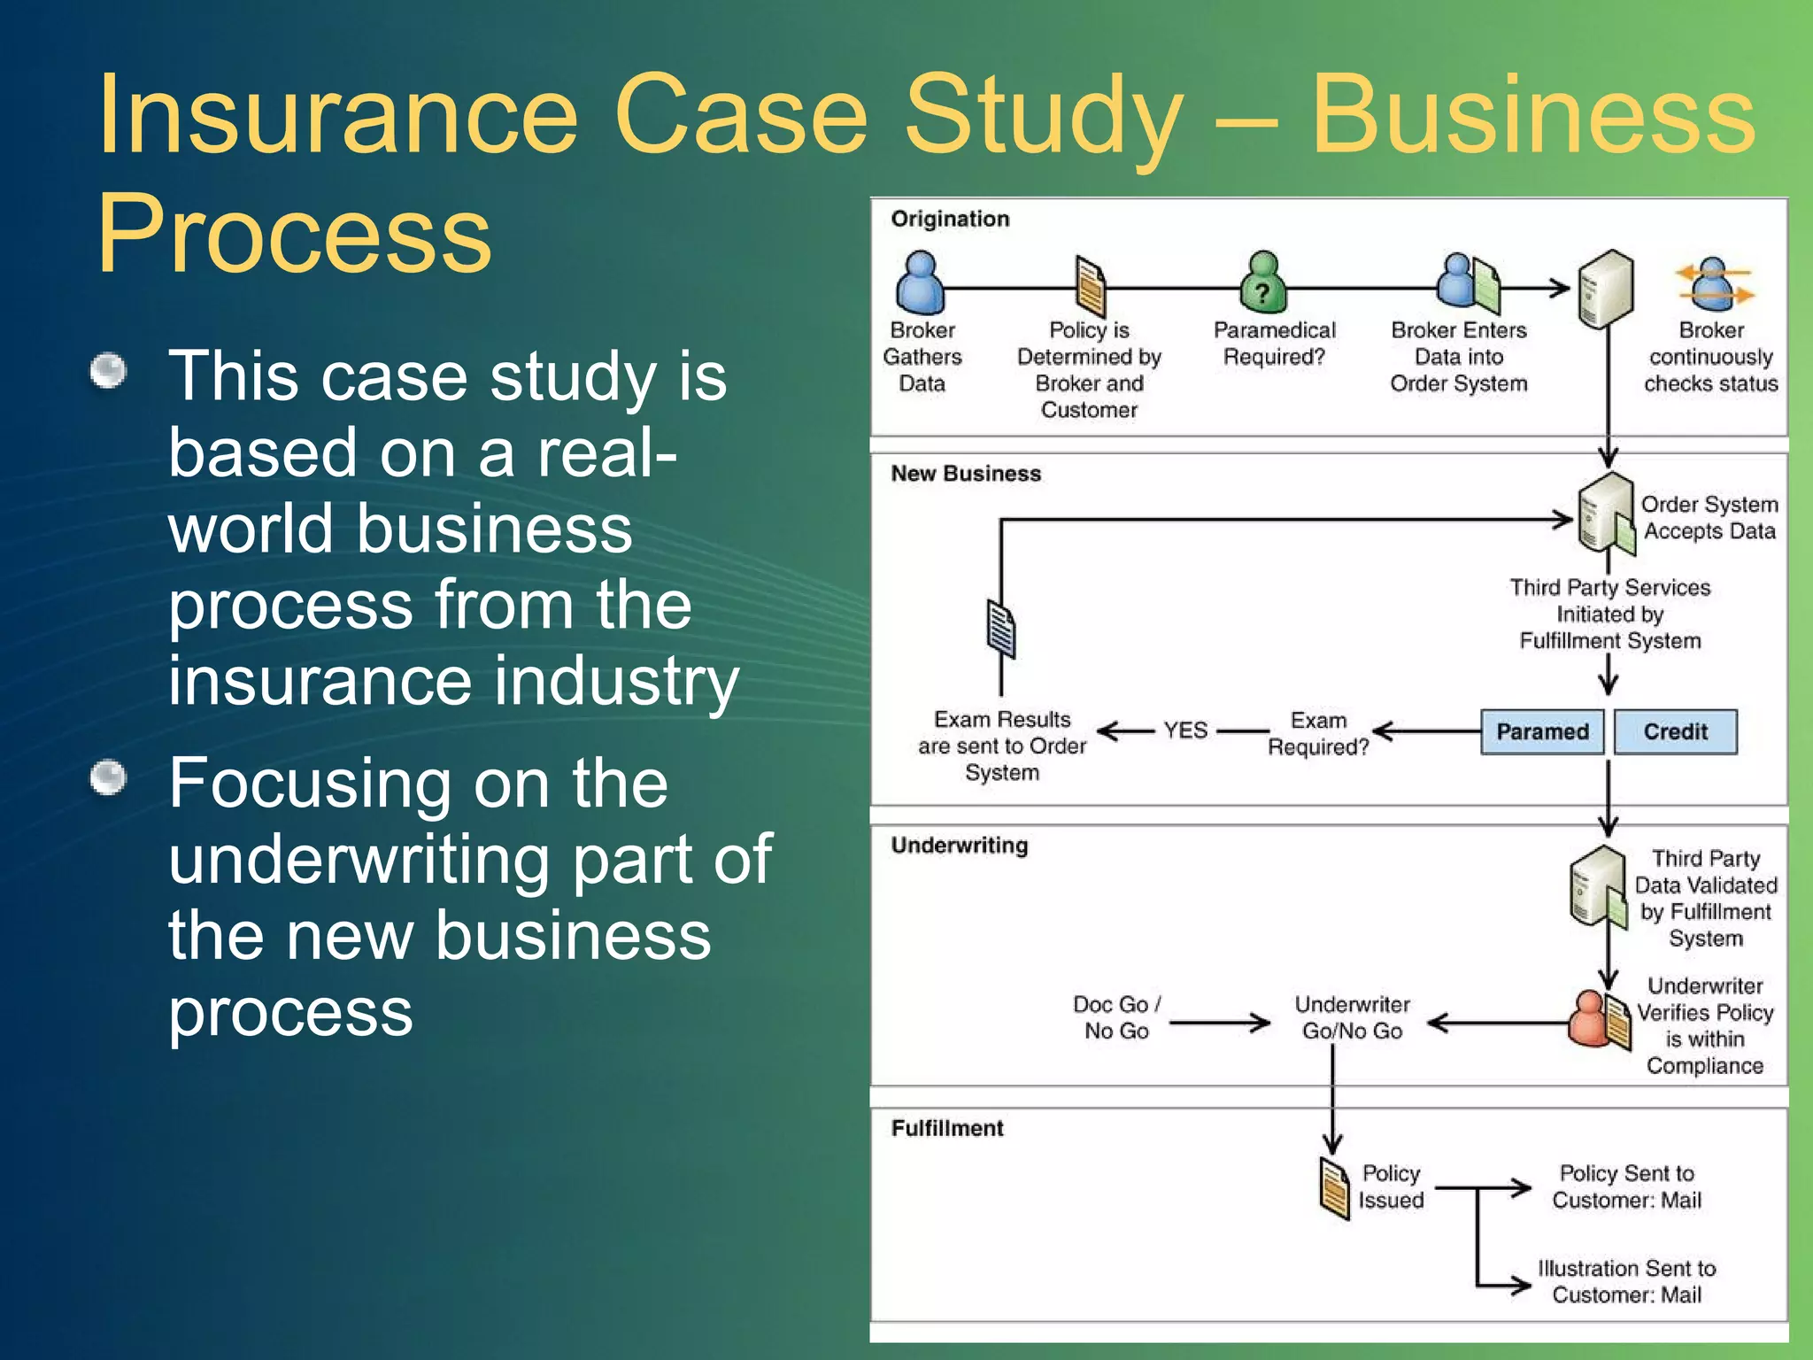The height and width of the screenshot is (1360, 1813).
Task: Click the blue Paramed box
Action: coord(1542,731)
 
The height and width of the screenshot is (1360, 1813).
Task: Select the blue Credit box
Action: coord(1675,731)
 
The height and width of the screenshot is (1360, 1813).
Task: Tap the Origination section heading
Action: coord(950,219)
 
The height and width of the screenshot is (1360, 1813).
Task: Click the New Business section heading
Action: coord(966,474)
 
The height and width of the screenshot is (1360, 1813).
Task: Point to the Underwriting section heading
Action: coord(960,846)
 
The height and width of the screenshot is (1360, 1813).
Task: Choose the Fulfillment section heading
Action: coord(947,1128)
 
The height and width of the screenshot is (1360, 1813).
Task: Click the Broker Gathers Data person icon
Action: coord(920,282)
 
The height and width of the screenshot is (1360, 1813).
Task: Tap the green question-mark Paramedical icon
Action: coord(1262,283)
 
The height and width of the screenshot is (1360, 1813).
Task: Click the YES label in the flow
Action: coord(1185,730)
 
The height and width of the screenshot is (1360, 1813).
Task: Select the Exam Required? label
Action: coord(1318,734)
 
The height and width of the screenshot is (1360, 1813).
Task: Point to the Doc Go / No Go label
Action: coord(1116,1017)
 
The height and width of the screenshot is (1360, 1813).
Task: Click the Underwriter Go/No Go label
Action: coord(1352,1017)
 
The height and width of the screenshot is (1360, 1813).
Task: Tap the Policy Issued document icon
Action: coord(1334,1189)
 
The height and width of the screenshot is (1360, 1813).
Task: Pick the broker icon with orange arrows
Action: coord(1713,285)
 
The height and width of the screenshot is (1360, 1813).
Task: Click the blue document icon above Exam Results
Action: coord(1001,630)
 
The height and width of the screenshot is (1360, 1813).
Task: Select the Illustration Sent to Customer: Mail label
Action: coord(1626,1281)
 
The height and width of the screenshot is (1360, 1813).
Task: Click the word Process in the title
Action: coord(294,234)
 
